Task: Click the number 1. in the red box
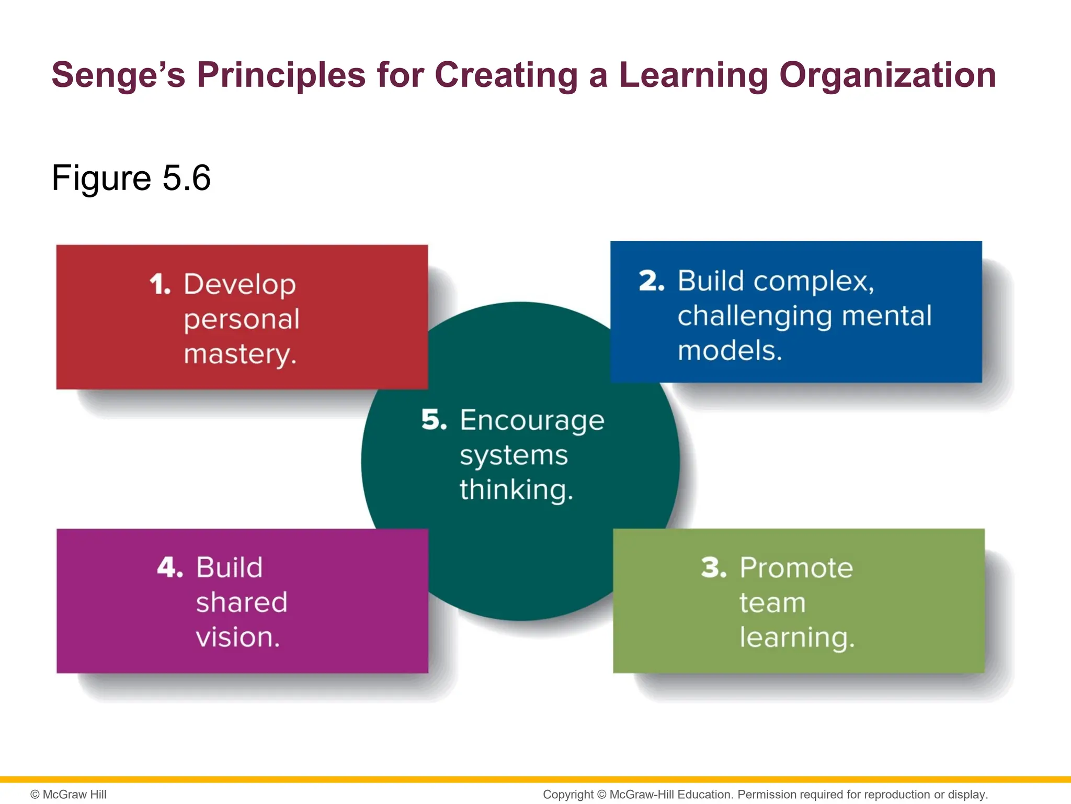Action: click(160, 285)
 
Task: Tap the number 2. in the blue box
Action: click(652, 281)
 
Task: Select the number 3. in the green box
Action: click(714, 568)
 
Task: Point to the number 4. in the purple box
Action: click(170, 568)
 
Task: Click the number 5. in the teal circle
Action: click(434, 420)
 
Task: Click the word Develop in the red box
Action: click(240, 285)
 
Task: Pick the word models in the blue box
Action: click(728, 351)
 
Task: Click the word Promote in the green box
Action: click(796, 568)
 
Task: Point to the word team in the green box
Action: click(772, 603)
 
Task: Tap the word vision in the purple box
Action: click(236, 638)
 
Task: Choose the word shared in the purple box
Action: click(242, 602)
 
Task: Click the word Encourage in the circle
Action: click(532, 421)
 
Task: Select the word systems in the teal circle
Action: click(514, 455)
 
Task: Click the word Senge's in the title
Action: click(118, 75)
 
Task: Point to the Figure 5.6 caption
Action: click(131, 178)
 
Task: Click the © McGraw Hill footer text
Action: click(69, 795)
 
